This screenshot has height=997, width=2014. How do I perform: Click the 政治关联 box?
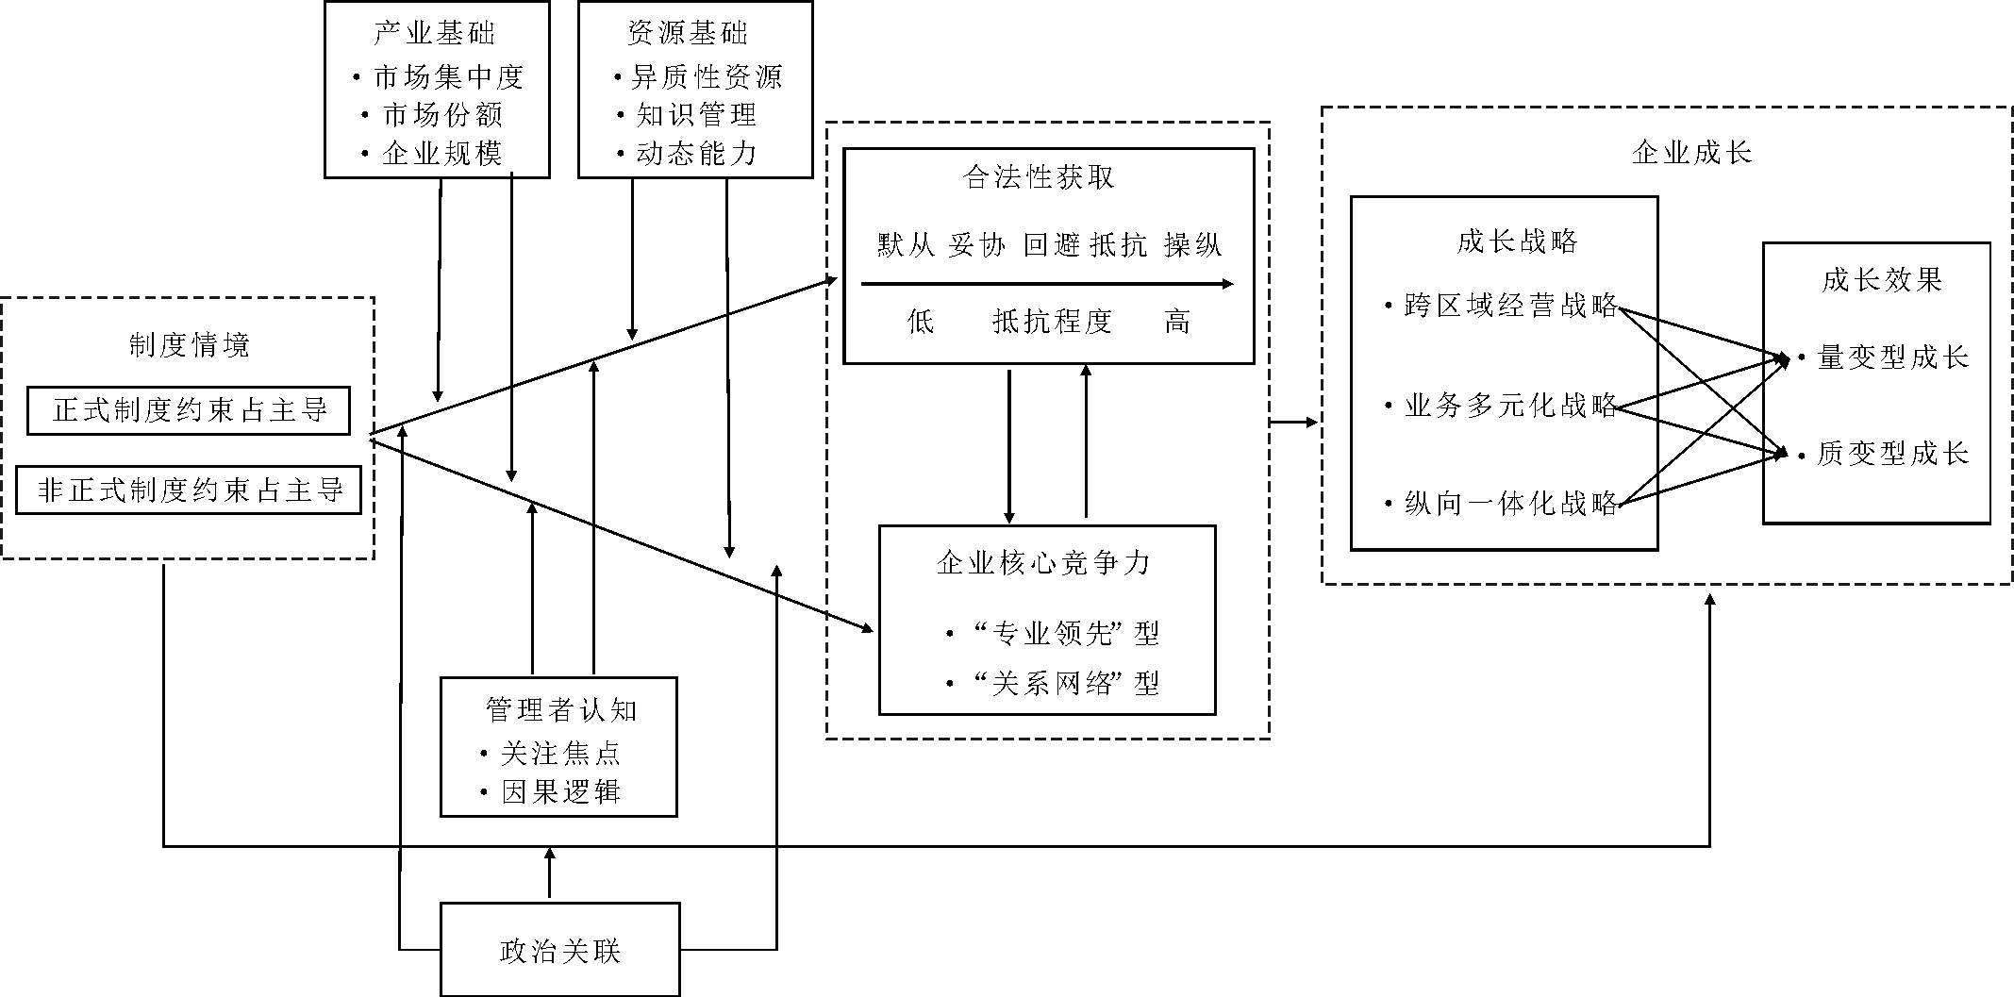(x=559, y=950)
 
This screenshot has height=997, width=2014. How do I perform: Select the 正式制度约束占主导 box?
(x=189, y=410)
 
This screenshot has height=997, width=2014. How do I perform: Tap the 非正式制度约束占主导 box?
(x=189, y=490)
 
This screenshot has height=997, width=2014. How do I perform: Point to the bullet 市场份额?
(x=442, y=115)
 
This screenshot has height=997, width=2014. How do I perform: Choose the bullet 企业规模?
(x=442, y=153)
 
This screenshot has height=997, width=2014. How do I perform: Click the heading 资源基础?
(x=688, y=34)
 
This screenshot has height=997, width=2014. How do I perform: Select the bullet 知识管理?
(x=696, y=115)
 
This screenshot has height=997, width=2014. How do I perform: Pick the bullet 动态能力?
(x=696, y=153)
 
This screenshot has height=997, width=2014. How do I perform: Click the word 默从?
(x=906, y=245)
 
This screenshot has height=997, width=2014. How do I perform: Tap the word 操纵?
(x=1192, y=245)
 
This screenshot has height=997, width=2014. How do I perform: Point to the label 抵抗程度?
(x=1052, y=322)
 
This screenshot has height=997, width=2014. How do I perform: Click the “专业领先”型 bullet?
(x=1064, y=633)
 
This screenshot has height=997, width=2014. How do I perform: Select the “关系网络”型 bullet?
(x=1064, y=683)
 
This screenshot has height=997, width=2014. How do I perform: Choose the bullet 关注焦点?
(x=560, y=753)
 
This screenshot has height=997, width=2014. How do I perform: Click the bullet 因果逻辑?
(x=560, y=791)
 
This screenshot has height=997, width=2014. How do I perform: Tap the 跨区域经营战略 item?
(x=1510, y=306)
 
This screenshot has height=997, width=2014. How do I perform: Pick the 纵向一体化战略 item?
(x=1510, y=504)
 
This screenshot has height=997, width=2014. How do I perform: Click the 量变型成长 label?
(x=1892, y=357)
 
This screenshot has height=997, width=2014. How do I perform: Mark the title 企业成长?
(x=1691, y=153)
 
